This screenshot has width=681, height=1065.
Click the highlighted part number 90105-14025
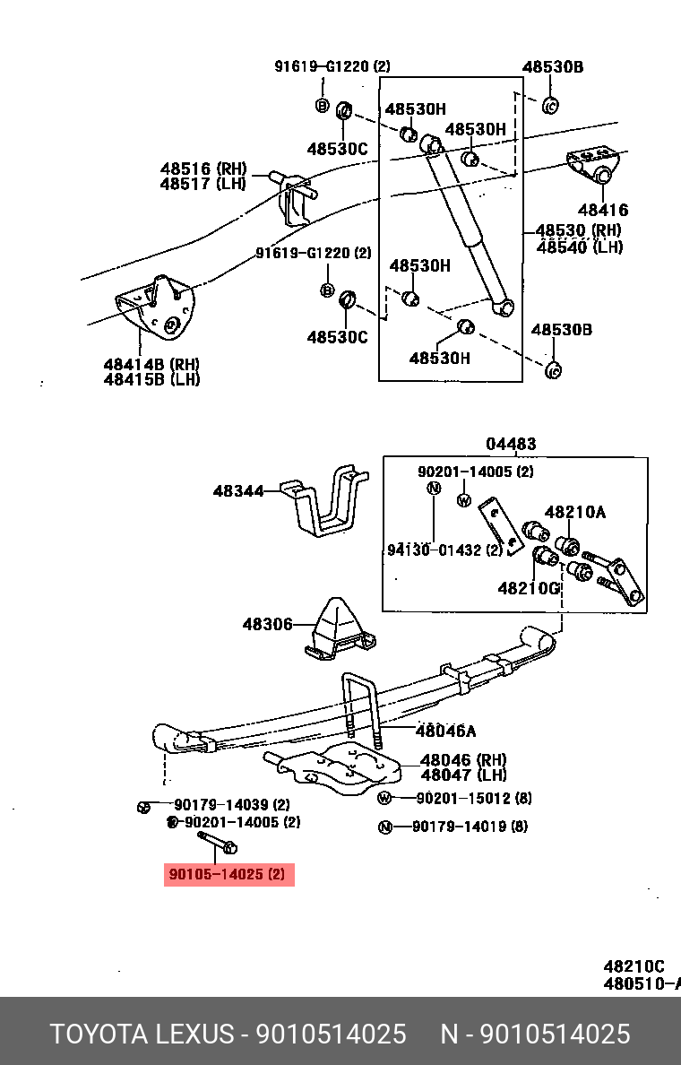click(x=228, y=874)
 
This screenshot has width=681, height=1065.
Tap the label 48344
click(x=238, y=491)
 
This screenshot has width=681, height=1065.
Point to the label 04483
click(x=511, y=444)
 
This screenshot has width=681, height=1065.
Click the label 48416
click(x=602, y=211)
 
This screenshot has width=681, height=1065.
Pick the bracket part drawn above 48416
click(x=592, y=163)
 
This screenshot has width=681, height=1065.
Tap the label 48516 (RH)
click(x=203, y=169)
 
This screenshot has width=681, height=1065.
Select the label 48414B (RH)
click(x=151, y=364)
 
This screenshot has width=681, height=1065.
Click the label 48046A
click(x=445, y=731)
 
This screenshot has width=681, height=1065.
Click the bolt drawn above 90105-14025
click(x=216, y=842)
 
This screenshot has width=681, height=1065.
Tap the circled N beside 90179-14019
click(x=385, y=827)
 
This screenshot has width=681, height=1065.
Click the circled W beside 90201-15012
click(x=385, y=799)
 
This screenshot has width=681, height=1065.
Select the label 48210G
click(x=528, y=588)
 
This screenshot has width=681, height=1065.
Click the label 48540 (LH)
click(x=579, y=247)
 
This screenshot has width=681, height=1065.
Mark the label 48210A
click(x=575, y=512)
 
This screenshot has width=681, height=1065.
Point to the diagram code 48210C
click(x=634, y=966)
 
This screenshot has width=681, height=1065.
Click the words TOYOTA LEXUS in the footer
click(x=142, y=1034)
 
